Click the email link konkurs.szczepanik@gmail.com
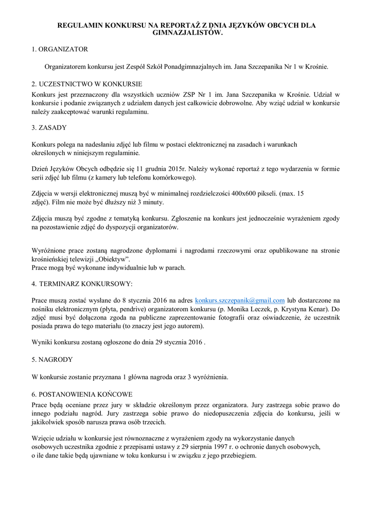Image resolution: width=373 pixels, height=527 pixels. click(240, 301)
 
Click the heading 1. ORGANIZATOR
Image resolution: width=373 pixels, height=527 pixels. click(60, 49)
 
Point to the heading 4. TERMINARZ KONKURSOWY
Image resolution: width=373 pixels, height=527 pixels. click(82, 284)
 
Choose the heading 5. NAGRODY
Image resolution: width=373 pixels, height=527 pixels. click(52, 359)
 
